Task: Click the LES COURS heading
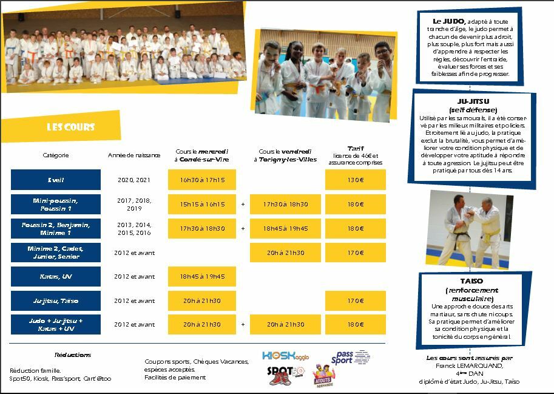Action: click(x=71, y=127)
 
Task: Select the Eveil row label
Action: click(x=56, y=180)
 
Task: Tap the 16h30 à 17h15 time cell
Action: click(x=202, y=180)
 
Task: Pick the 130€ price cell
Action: click(x=356, y=180)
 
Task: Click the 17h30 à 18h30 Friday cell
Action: click(x=285, y=205)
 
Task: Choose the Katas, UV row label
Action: click(x=56, y=277)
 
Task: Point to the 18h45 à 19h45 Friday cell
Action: click(x=285, y=229)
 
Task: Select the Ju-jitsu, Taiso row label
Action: click(x=56, y=301)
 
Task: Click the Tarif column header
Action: click(x=356, y=148)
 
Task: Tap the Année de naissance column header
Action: click(x=134, y=155)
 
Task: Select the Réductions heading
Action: click(x=73, y=355)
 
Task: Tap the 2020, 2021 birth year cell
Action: click(x=134, y=180)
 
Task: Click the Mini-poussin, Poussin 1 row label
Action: click(x=56, y=205)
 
